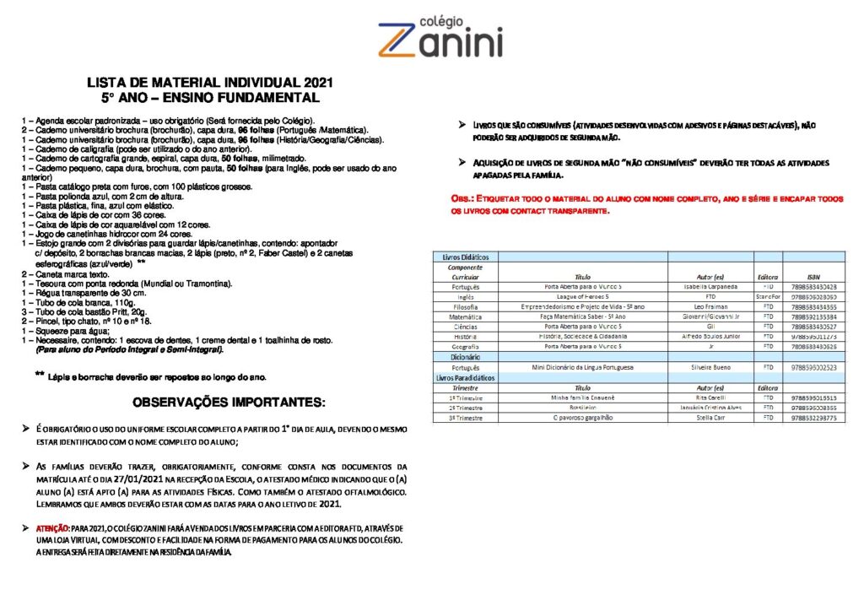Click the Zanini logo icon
tap(399, 40)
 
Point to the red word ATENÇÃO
tap(55, 528)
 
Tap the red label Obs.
tap(465, 198)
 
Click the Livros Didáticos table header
tap(461, 257)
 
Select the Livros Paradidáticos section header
tap(465, 378)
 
